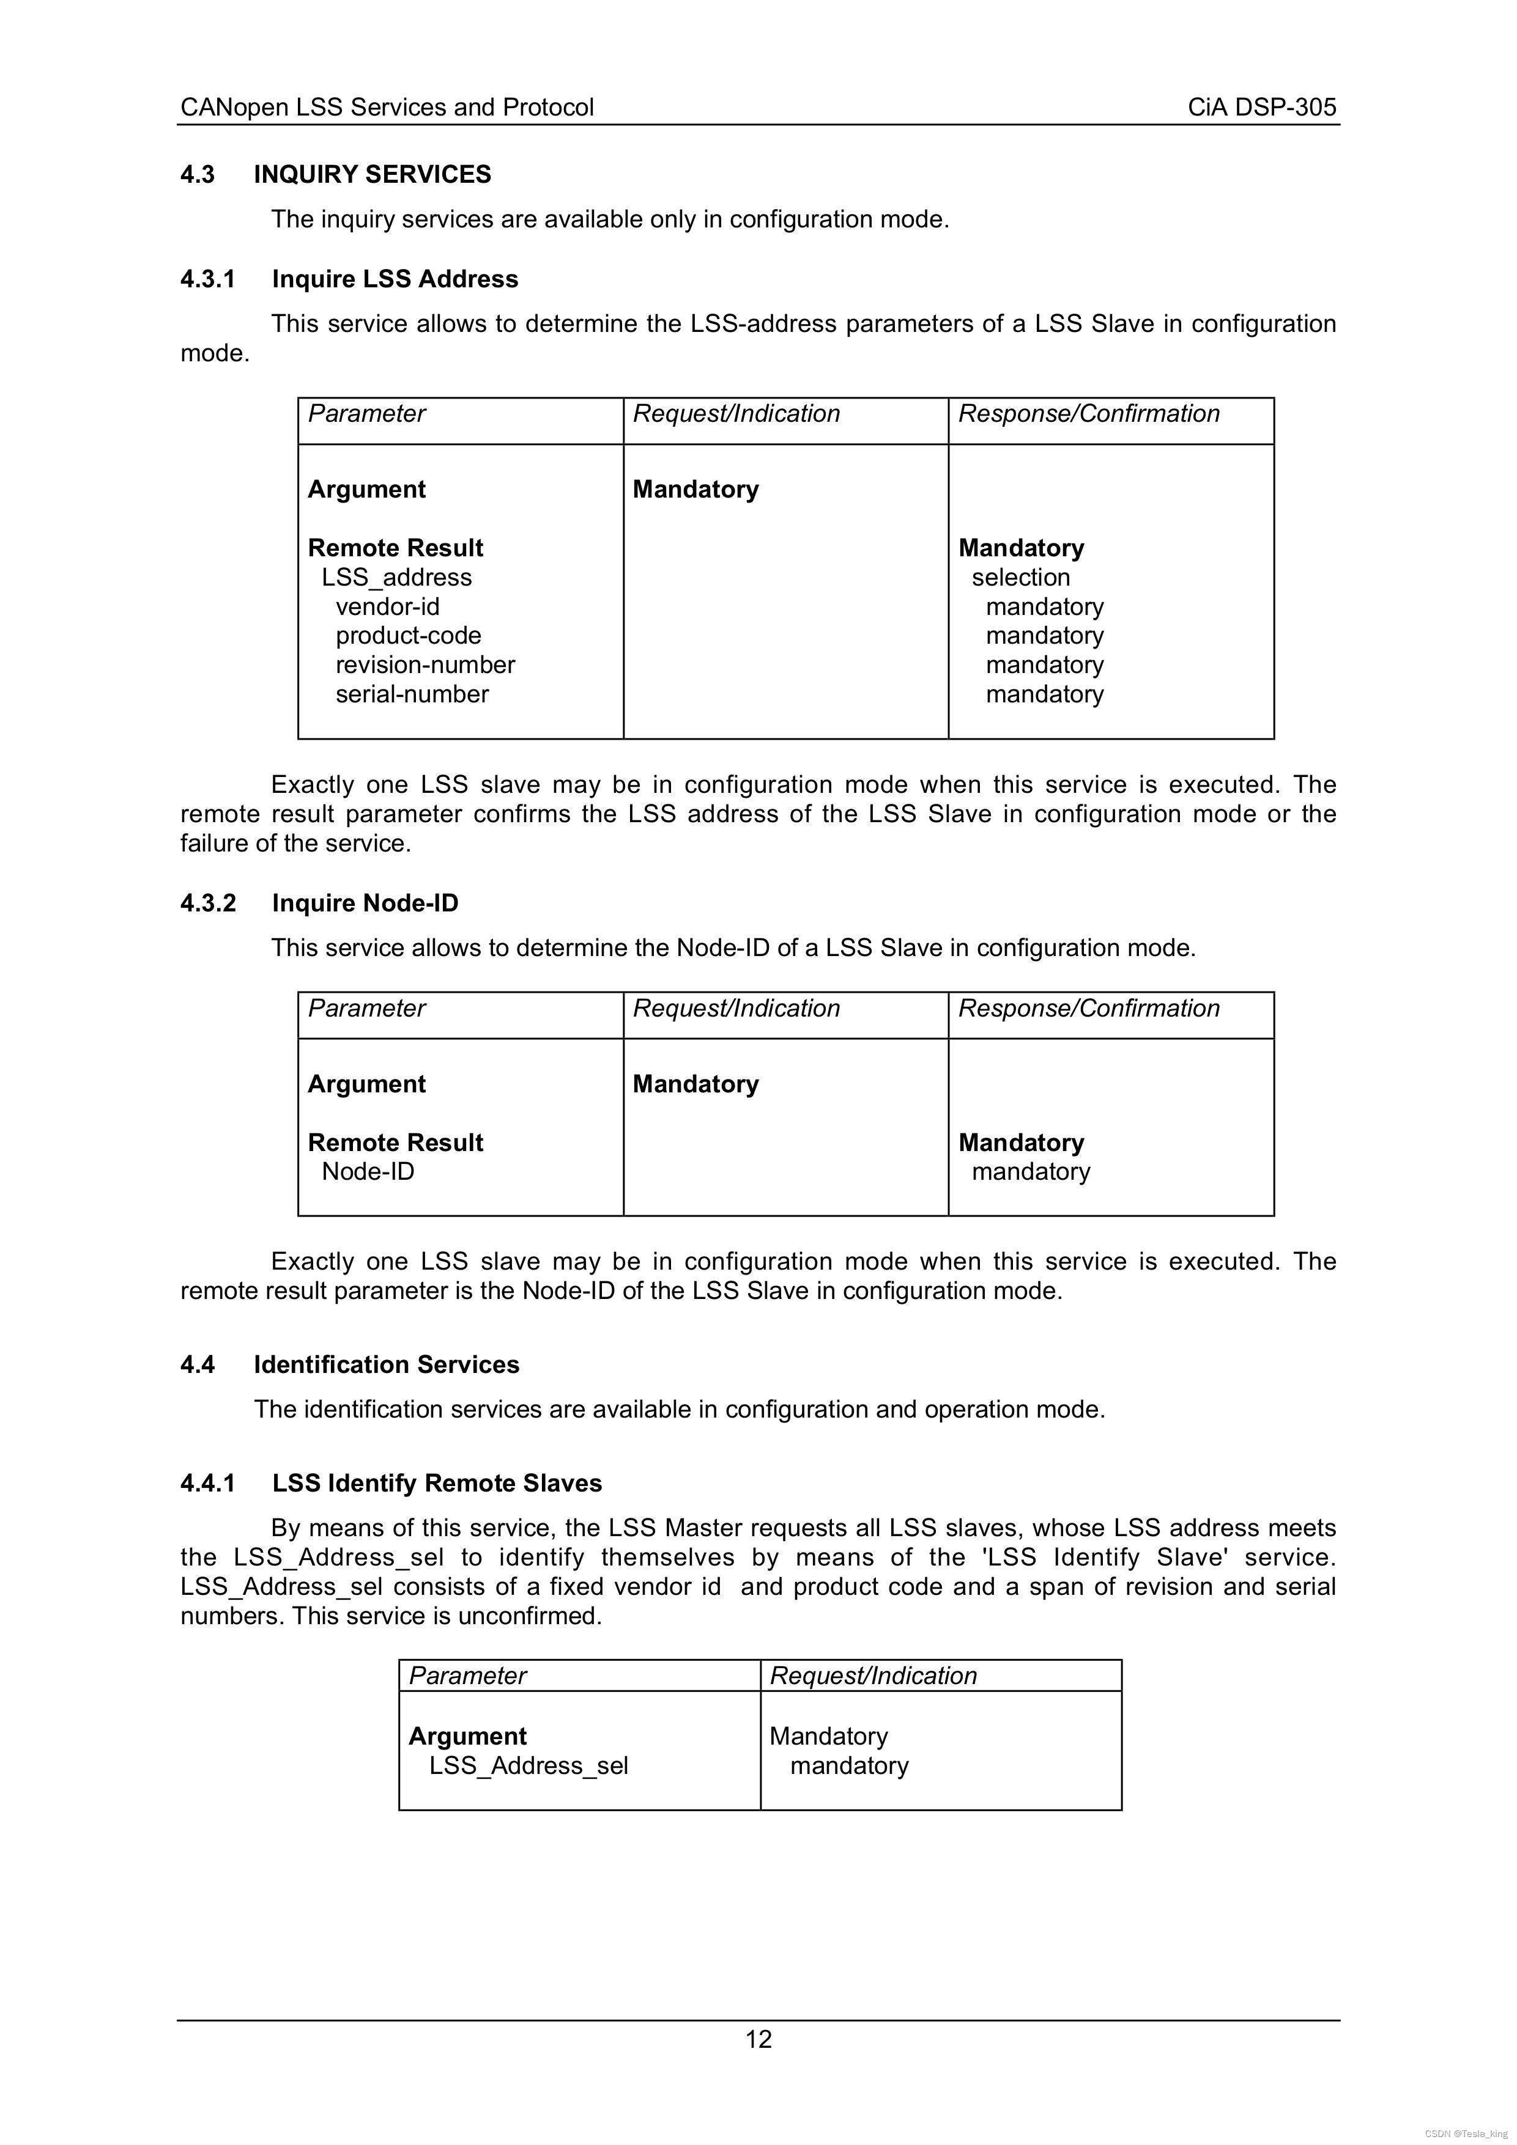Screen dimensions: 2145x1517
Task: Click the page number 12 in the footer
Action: (x=758, y=2039)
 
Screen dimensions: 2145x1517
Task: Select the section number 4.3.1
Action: (x=207, y=279)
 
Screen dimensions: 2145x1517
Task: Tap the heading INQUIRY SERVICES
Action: (x=372, y=175)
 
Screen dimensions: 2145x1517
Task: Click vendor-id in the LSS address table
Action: (x=387, y=607)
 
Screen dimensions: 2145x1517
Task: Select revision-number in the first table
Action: (x=425, y=665)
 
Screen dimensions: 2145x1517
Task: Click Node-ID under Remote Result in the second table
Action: (x=368, y=1172)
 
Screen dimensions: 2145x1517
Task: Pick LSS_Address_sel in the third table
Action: (x=528, y=1766)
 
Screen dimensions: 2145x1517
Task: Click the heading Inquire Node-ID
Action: (x=365, y=903)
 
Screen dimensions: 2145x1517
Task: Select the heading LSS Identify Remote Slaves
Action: (x=437, y=1484)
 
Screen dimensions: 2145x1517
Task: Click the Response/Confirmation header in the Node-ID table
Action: (x=1088, y=1009)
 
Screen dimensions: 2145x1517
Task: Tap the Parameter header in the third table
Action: (x=467, y=1676)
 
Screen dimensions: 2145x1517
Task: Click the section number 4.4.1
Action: (x=207, y=1484)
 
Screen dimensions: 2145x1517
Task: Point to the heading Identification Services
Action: (x=386, y=1365)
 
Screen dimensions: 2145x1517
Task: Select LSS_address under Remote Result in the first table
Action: (x=396, y=577)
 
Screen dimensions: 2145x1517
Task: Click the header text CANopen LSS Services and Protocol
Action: (x=387, y=108)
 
